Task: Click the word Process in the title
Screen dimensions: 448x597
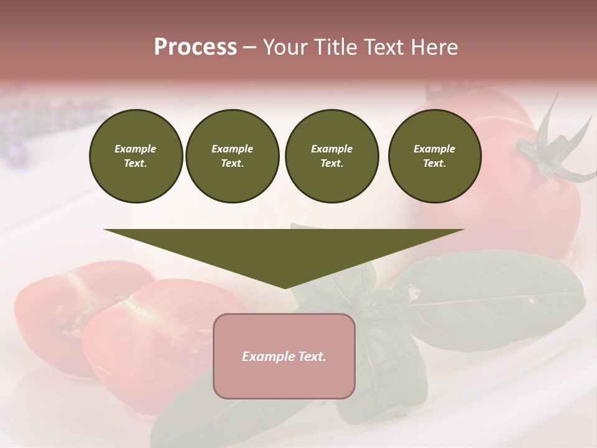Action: click(x=195, y=47)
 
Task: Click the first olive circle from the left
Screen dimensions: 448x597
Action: click(x=136, y=156)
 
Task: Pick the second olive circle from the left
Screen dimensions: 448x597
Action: click(x=233, y=156)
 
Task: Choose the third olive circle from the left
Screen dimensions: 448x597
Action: click(x=331, y=156)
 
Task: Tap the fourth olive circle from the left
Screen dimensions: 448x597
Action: click(x=435, y=156)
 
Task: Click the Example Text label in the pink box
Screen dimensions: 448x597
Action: click(x=284, y=357)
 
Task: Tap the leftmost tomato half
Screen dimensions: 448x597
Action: click(x=50, y=311)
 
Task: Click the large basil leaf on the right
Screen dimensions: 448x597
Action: click(x=491, y=299)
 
